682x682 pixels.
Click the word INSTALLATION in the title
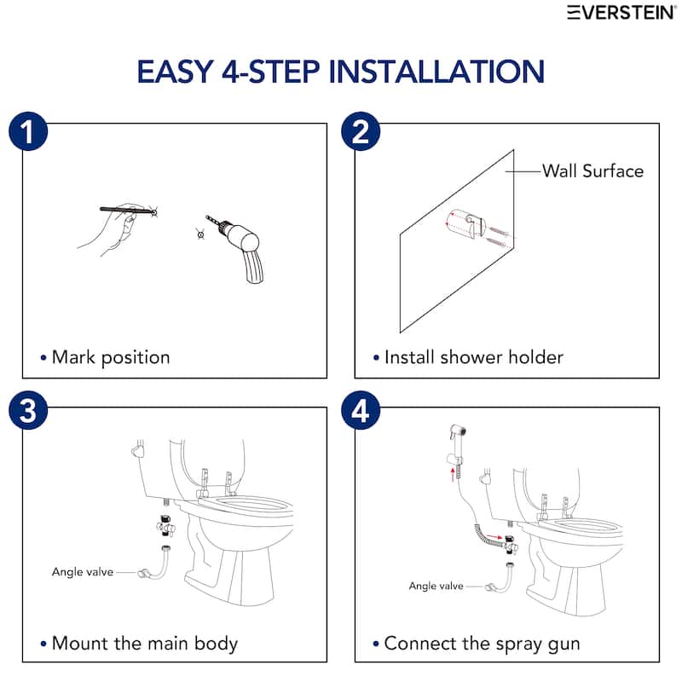pyautogui.click(x=436, y=71)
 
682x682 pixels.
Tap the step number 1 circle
pyautogui.click(x=27, y=133)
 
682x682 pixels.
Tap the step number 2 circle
pyautogui.click(x=361, y=133)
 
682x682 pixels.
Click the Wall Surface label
pyautogui.click(x=592, y=170)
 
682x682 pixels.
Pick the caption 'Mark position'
pyautogui.click(x=110, y=356)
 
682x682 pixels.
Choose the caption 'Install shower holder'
pyautogui.click(x=473, y=356)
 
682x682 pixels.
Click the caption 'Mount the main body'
pyautogui.click(x=144, y=643)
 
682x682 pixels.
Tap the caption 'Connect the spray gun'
pyautogui.click(x=482, y=643)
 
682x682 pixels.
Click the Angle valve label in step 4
pyautogui.click(x=436, y=586)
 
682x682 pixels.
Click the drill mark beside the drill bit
pyautogui.click(x=199, y=233)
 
